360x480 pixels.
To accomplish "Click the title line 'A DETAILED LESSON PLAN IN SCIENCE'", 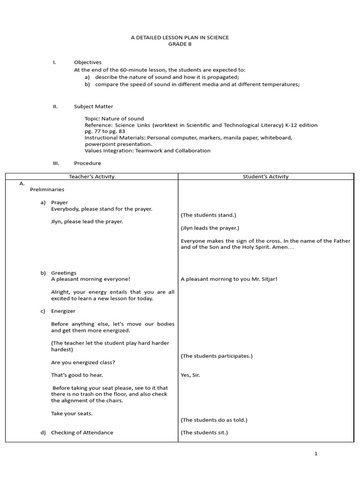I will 180,37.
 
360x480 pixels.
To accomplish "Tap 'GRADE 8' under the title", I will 180,44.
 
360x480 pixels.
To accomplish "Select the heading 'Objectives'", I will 88,62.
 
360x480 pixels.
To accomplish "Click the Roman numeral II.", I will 55,106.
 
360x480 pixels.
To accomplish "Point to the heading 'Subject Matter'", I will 93,106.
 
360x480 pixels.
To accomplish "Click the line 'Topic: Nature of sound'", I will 114,119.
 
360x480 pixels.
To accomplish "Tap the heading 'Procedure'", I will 87,163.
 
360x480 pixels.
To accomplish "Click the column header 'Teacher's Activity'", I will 92,177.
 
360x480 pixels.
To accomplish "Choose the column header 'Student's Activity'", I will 266,177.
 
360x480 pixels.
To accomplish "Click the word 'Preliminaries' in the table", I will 47,190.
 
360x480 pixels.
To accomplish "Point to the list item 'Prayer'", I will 60,202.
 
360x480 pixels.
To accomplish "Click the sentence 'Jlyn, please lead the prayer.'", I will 87,221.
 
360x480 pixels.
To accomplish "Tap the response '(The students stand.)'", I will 209,215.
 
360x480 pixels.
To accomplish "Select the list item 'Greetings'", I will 64,273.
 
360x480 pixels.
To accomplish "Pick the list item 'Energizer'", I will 63,311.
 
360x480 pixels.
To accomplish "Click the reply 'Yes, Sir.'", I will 190,375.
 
